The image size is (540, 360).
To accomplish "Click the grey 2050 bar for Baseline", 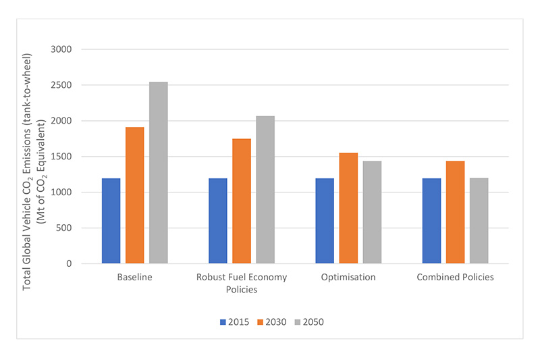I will click(x=159, y=173).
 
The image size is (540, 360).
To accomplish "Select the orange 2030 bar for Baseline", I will click(x=135, y=195).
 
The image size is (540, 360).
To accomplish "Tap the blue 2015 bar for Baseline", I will click(x=111, y=221).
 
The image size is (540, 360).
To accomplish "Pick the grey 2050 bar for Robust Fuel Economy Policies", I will click(x=265, y=190).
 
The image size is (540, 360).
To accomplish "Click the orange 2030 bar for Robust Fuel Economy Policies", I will click(x=242, y=201).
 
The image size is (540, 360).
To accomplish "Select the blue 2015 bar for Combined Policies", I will click(x=431, y=221).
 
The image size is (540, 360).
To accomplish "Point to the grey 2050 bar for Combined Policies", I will click(x=479, y=221).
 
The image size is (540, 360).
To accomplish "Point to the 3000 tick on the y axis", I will click(x=66, y=49).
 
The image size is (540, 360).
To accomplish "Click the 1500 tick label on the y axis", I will click(x=66, y=157).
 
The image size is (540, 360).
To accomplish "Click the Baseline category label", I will click(x=135, y=277).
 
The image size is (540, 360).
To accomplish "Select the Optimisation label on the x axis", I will click(x=348, y=277).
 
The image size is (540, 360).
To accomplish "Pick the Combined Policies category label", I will click(x=455, y=277).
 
